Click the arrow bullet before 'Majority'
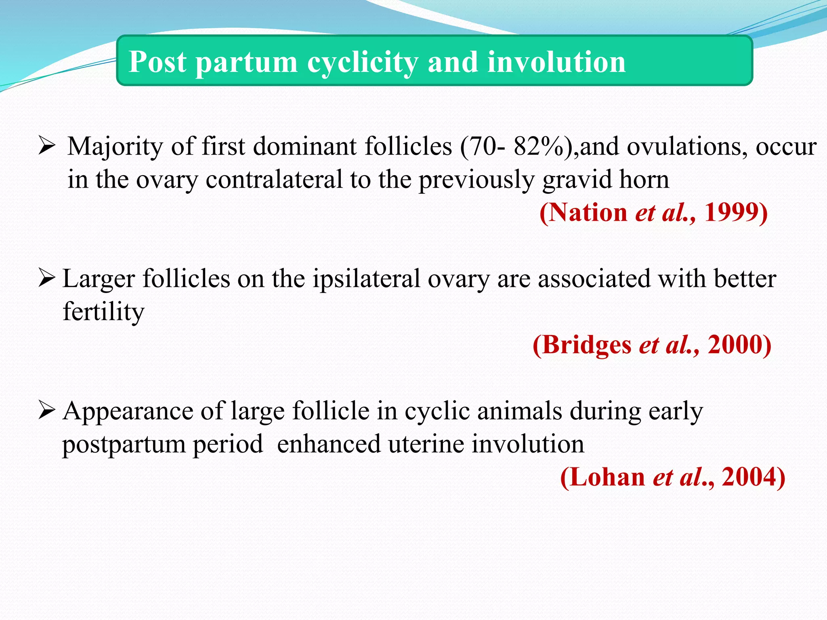click(x=46, y=146)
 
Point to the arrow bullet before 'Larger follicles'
click(x=46, y=279)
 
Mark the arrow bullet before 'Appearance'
click(x=46, y=411)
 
